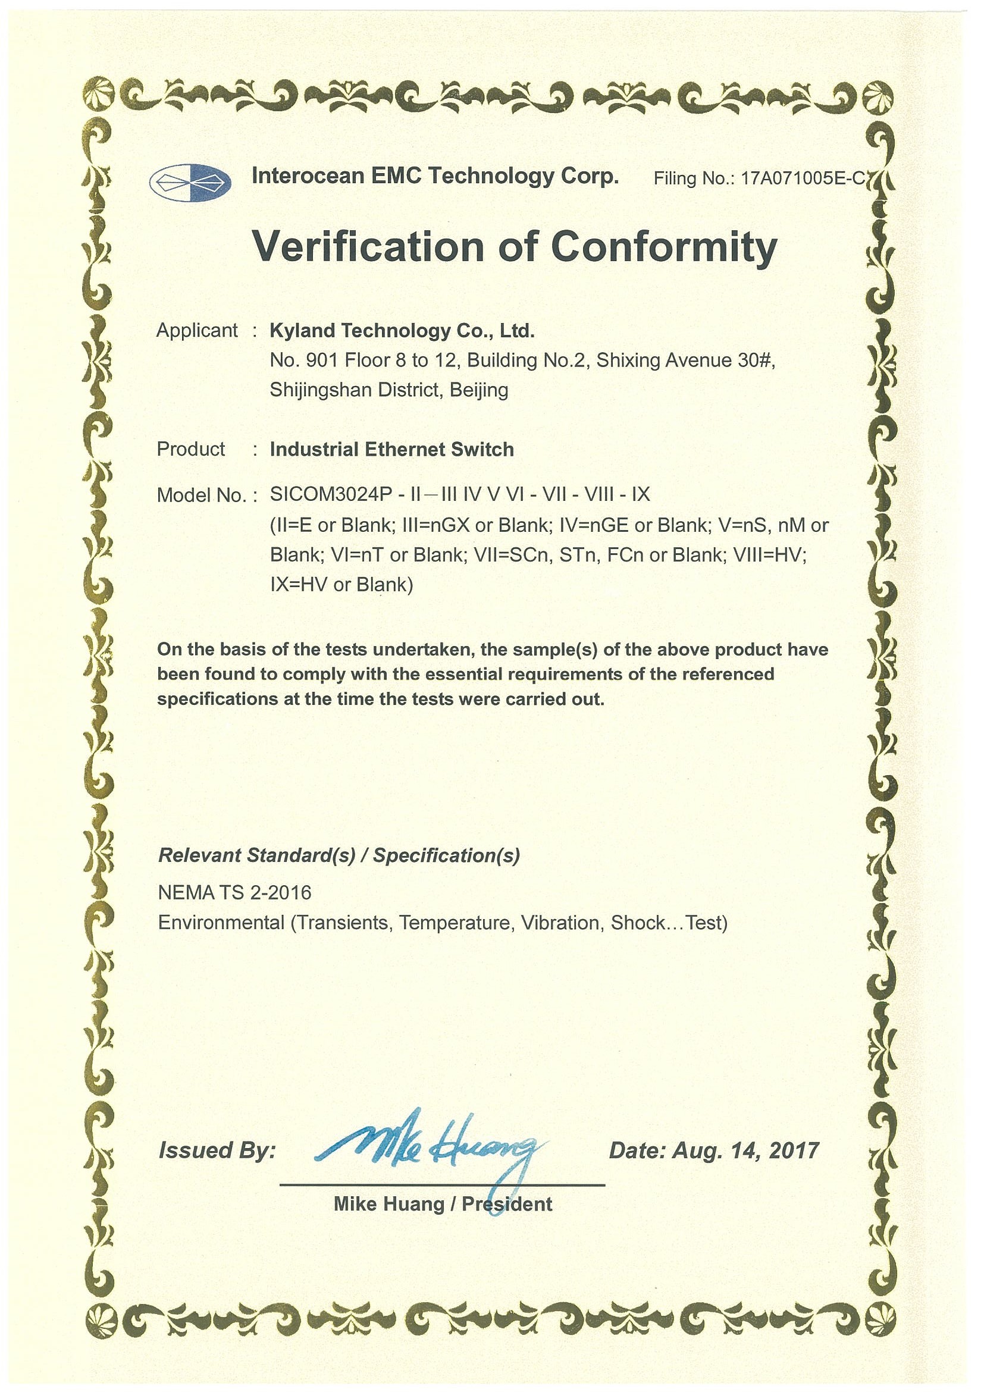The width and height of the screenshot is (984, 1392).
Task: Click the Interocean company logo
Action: coord(190,181)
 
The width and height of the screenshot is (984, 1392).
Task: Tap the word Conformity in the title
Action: coord(664,247)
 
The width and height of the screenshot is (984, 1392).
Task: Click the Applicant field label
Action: coord(197,330)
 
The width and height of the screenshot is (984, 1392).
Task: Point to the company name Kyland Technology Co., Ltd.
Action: coord(402,331)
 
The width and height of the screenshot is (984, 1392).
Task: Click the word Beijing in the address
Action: coord(479,390)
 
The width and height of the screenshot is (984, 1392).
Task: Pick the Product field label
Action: coord(190,449)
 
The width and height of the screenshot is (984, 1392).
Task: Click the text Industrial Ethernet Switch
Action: coord(391,449)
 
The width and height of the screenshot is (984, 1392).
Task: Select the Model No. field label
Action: coord(202,496)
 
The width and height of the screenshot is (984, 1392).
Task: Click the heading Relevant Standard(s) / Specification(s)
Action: coord(339,855)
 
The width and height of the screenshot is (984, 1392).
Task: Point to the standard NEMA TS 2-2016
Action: coord(234,892)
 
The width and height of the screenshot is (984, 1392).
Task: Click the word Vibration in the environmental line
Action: coord(560,923)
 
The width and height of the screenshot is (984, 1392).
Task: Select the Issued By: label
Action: coord(217,1150)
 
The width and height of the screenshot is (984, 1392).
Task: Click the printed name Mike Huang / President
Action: coord(443,1203)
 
